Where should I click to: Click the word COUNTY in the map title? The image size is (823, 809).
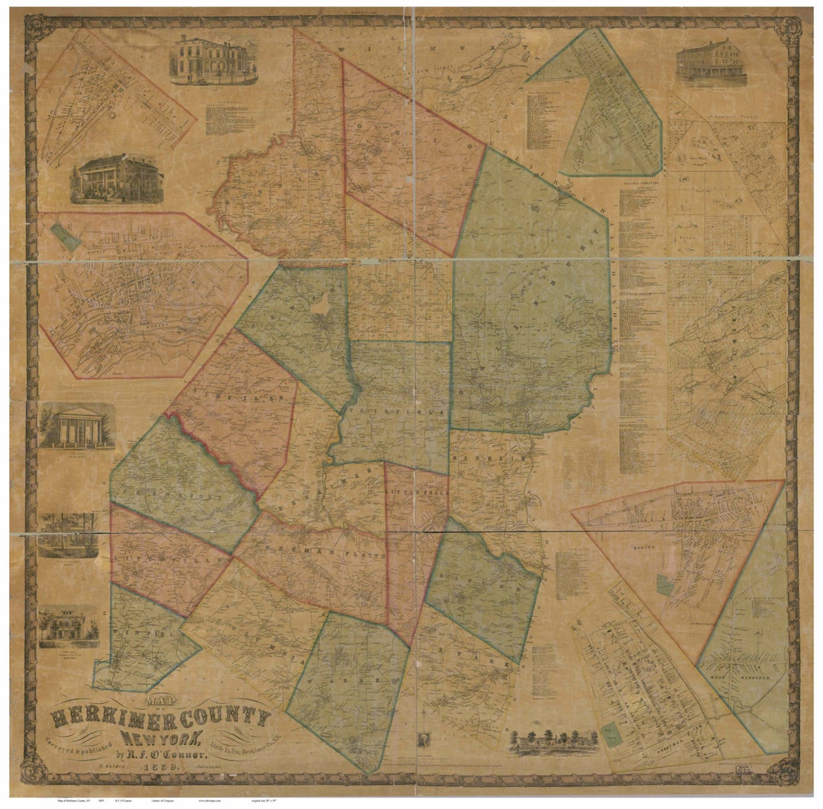click(x=216, y=717)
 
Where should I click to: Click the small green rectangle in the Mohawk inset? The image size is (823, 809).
click(x=664, y=585)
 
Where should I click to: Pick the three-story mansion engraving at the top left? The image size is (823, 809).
click(x=213, y=59)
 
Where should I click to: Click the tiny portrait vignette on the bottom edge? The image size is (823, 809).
click(x=422, y=739)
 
